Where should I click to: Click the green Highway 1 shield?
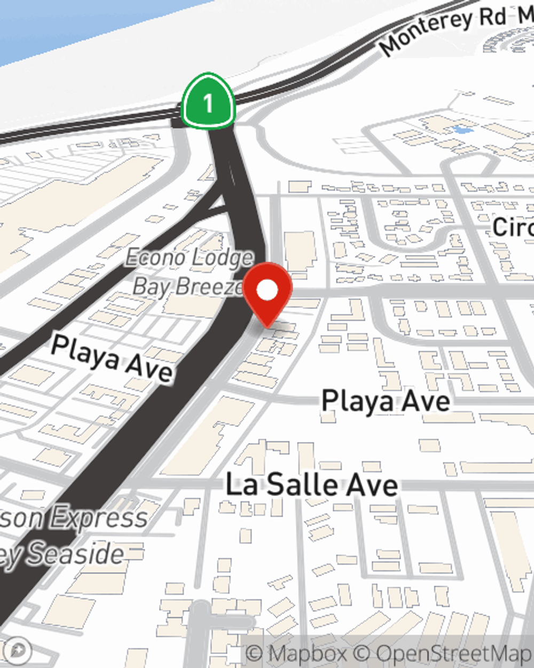point(208,102)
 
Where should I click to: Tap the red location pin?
point(268,293)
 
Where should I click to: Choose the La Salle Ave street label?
point(312,485)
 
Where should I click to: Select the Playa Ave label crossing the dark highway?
point(112,358)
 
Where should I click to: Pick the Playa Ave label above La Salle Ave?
point(386,401)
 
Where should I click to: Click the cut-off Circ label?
point(513,227)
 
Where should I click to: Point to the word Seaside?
point(75,553)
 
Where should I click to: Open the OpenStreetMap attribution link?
point(449,654)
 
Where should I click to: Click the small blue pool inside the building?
point(462,129)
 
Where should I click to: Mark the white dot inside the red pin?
point(268,291)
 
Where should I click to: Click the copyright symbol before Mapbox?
point(255,654)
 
